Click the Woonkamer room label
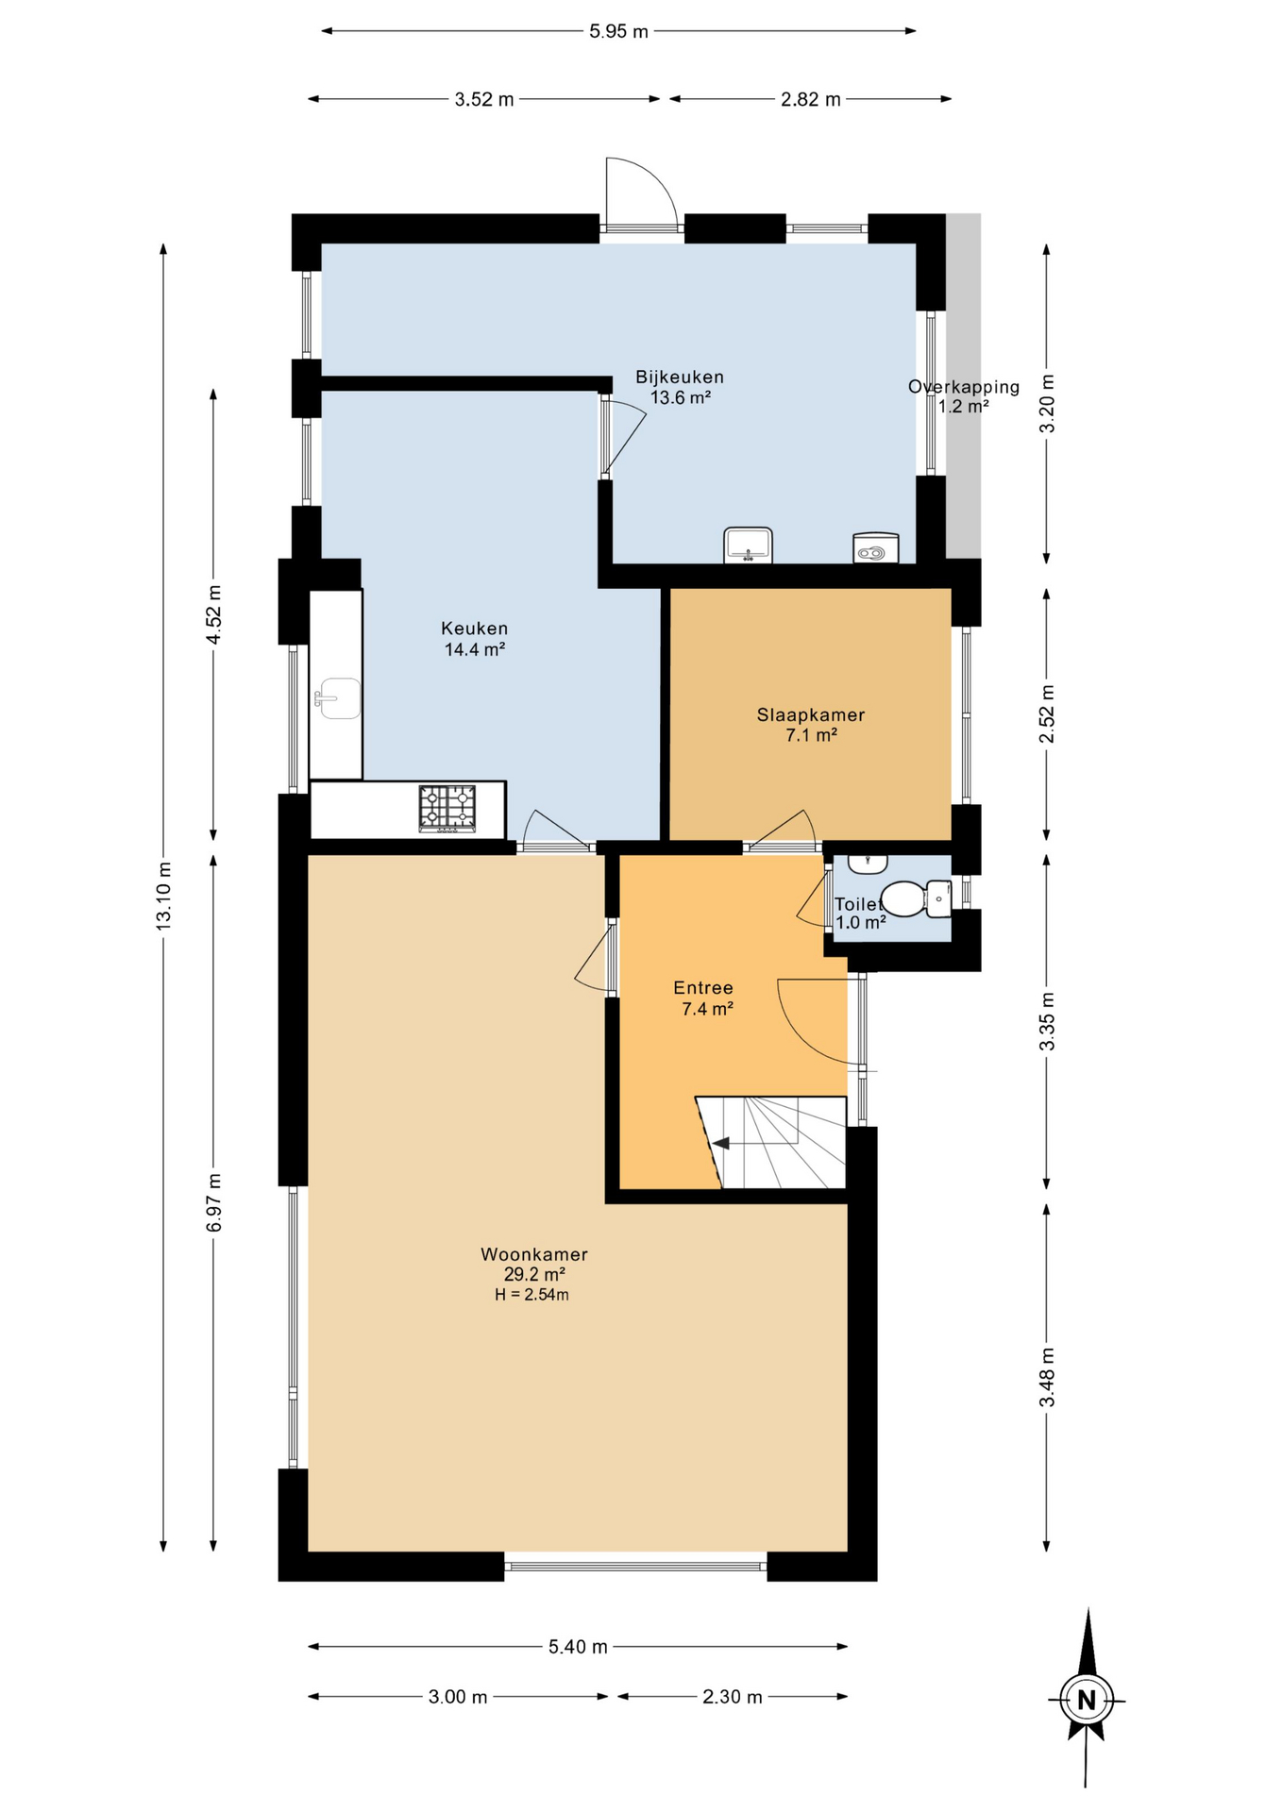tap(534, 1255)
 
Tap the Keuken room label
tap(475, 629)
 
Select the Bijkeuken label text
tap(680, 377)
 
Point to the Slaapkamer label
tap(811, 715)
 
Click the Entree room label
tap(703, 988)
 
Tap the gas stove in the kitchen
tap(447, 809)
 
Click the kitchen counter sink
tap(338, 698)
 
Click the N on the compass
tap(1087, 1700)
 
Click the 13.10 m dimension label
tap(163, 897)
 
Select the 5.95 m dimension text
tap(619, 31)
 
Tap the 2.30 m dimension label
tap(733, 1697)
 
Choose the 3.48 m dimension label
tap(1047, 1378)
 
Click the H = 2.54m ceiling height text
tap(531, 1295)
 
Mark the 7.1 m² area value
tap(812, 735)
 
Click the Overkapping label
tap(964, 387)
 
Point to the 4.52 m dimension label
tap(214, 615)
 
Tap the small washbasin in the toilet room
tap(868, 864)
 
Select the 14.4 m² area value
tap(475, 649)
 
